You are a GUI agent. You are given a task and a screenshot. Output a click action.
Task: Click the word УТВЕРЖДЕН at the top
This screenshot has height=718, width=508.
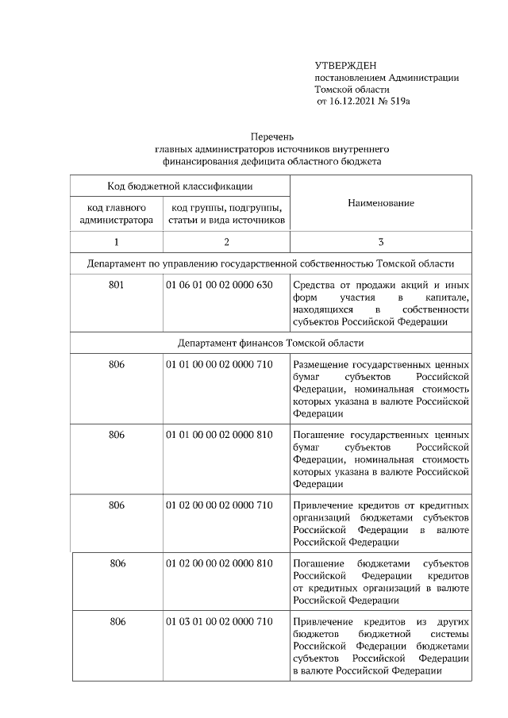coord(345,65)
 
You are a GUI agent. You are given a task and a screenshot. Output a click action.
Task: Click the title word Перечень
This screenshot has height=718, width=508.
coord(272,136)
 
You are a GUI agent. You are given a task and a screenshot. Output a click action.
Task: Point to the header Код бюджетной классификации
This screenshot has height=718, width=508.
coord(180,186)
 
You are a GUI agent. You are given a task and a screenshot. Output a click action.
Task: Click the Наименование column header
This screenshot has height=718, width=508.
coord(380,203)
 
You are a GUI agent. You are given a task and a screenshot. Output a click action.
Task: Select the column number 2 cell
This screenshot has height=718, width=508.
coord(226,242)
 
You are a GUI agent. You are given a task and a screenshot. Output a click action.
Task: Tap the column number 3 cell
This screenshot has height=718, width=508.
coord(380,242)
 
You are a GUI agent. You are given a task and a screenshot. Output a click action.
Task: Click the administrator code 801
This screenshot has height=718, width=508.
coord(117,285)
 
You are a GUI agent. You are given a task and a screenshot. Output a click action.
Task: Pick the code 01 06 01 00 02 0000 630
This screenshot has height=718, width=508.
coord(219,285)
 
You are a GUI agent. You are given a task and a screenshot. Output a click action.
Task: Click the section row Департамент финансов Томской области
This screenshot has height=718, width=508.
coord(271,343)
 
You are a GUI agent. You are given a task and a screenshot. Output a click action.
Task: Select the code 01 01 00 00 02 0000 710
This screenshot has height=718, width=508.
coord(219,364)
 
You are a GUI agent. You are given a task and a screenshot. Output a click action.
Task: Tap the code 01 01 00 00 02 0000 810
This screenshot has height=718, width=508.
coord(219,435)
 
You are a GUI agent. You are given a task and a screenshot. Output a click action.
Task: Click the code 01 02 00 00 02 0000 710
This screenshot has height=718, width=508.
coord(219,505)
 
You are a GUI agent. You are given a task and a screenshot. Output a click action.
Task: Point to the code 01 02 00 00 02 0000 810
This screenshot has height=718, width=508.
coord(219,563)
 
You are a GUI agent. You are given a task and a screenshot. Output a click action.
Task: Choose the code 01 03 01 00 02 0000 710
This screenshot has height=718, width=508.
coord(219,621)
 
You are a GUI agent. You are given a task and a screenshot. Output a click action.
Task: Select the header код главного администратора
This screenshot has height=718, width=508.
coord(117,213)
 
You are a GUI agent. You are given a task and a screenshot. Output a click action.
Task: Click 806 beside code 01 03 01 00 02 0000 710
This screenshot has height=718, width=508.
coord(117,621)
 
